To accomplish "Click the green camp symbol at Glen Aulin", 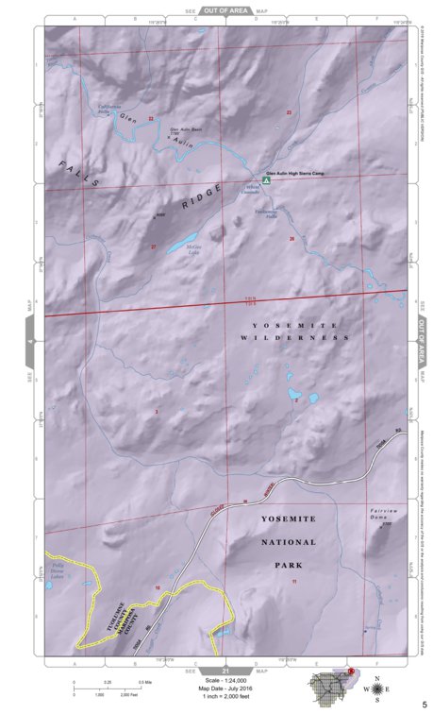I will tap(266, 179).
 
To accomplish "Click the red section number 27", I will tap(153, 246).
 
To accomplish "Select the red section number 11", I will tap(294, 582).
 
